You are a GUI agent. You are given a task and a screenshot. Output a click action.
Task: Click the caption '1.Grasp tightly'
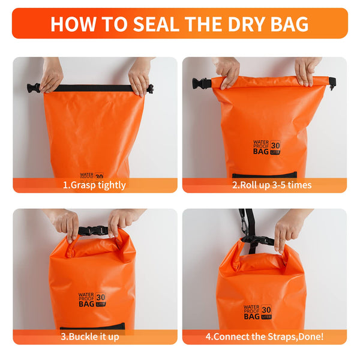95,185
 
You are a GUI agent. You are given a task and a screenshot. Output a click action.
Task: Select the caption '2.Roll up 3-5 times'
264,185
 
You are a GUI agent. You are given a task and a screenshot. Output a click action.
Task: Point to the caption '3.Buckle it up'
95,337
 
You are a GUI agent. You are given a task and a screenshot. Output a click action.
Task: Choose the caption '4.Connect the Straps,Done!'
264,337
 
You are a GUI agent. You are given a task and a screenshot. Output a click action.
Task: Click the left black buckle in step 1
34,88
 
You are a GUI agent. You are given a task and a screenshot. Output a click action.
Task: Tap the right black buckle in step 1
150,89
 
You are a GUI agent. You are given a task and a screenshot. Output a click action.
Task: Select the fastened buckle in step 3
93,231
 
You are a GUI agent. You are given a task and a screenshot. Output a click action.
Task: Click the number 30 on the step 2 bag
275,145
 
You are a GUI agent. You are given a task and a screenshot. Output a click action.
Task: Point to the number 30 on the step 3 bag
100,296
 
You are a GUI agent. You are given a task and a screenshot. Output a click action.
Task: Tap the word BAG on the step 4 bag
251,314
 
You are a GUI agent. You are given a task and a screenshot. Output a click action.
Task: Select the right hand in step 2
307,71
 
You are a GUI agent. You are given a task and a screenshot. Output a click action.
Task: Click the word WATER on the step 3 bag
85,295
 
